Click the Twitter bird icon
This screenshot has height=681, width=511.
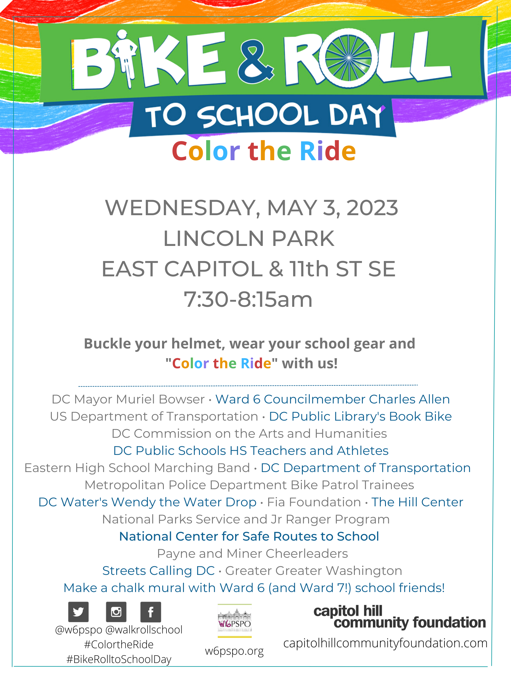pyautogui.click(x=78, y=612)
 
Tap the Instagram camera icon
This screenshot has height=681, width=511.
pyautogui.click(x=116, y=612)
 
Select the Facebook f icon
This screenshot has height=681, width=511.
pyautogui.click(x=151, y=612)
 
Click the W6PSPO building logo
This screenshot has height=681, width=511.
pyautogui.click(x=235, y=621)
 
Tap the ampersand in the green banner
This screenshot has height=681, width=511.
pyautogui.click(x=255, y=61)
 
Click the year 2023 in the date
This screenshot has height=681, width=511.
pyautogui.click(x=372, y=208)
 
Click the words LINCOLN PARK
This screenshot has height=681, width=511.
pyautogui.click(x=249, y=239)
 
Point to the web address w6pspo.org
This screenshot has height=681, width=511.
pyautogui.click(x=235, y=651)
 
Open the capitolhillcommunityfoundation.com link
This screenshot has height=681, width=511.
pyautogui.click(x=385, y=643)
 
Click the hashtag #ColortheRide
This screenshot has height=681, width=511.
pyautogui.click(x=119, y=644)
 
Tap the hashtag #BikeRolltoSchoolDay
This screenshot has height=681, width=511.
pyautogui.click(x=119, y=659)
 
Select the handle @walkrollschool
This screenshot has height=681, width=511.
pyautogui.click(x=144, y=630)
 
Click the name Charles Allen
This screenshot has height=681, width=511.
pyautogui.click(x=409, y=399)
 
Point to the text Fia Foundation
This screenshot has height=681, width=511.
pyautogui.click(x=314, y=502)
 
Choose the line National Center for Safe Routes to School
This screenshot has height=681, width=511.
pyautogui.click(x=249, y=536)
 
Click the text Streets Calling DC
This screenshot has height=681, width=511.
pyautogui.click(x=158, y=571)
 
